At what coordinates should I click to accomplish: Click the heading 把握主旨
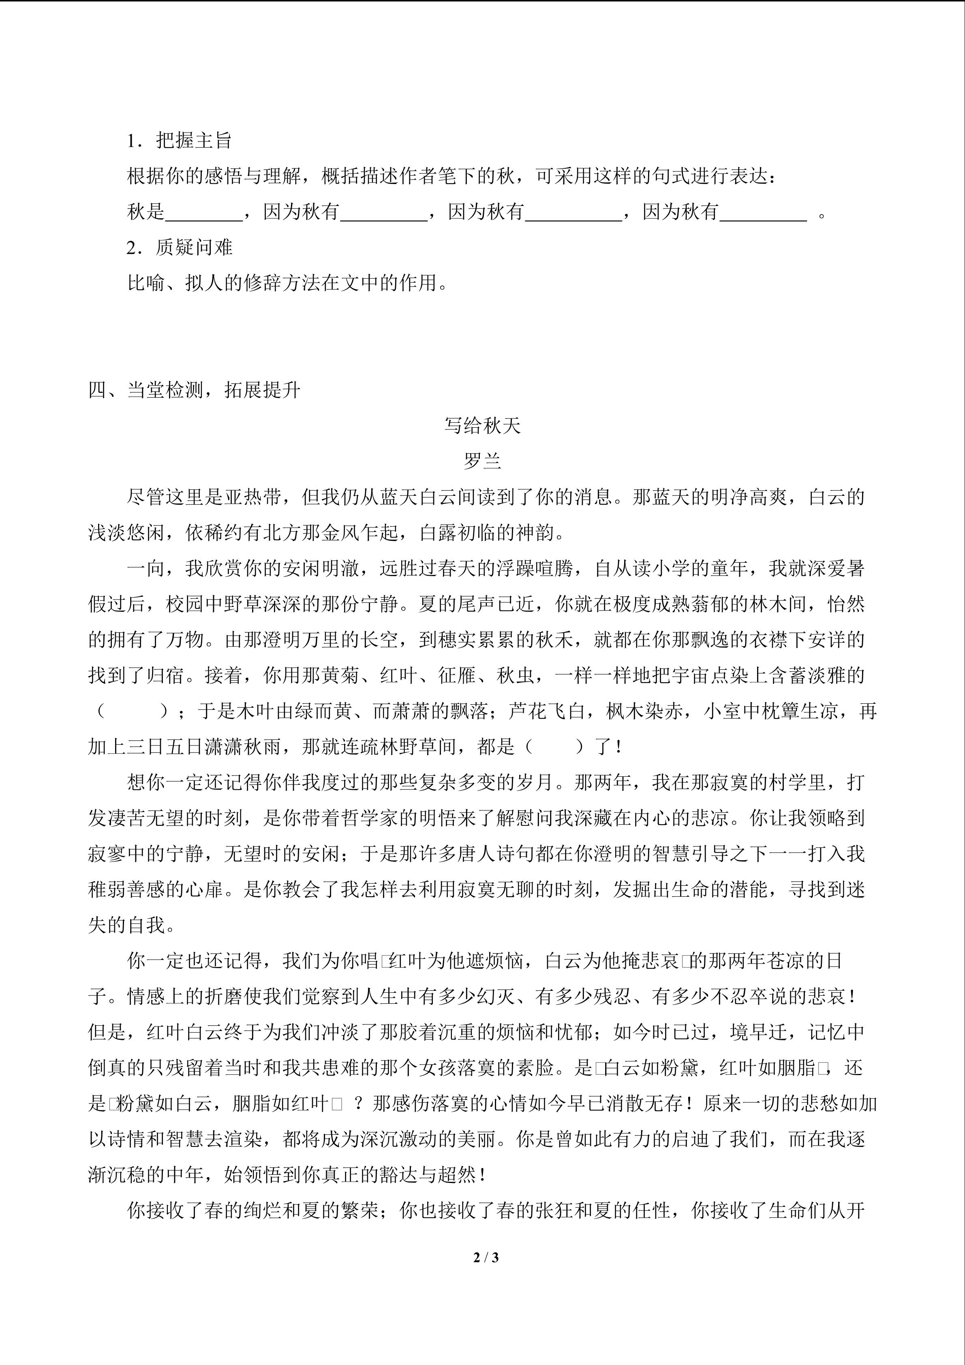(193, 141)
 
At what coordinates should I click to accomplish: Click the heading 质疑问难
(193, 247)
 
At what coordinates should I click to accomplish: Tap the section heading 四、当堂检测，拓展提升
(194, 390)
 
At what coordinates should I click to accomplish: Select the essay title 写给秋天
(482, 426)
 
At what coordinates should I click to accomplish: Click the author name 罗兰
(482, 461)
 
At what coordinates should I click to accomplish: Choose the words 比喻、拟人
(175, 283)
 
